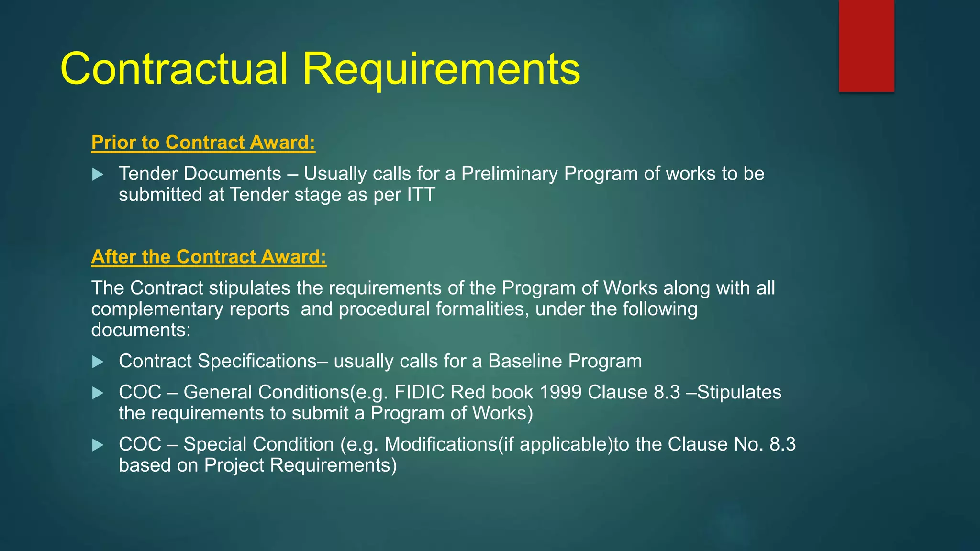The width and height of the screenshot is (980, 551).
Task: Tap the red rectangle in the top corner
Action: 866,45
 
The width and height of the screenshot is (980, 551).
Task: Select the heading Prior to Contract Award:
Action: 203,143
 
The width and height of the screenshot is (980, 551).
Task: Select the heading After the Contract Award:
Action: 209,257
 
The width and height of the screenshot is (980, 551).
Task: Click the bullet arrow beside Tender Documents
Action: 98,175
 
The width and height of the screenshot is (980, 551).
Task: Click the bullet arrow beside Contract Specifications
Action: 98,362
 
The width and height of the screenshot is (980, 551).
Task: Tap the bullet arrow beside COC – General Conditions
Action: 98,393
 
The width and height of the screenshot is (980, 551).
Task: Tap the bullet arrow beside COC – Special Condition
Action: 98,445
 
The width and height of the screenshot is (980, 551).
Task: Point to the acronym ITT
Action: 421,195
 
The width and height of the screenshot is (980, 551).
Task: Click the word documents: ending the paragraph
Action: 141,330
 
